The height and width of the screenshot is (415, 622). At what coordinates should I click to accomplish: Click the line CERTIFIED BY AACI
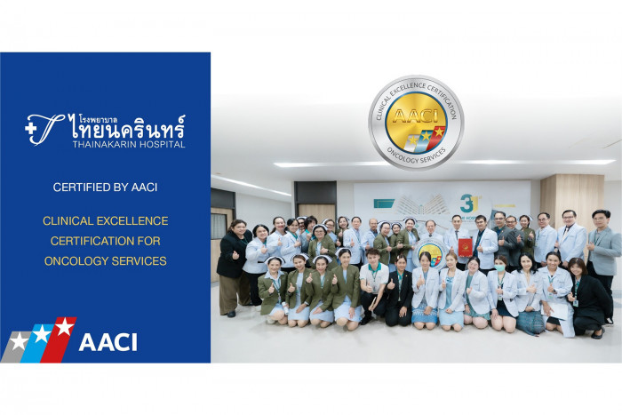tap(105, 188)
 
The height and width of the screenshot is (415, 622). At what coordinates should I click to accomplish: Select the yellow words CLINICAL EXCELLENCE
tap(105, 220)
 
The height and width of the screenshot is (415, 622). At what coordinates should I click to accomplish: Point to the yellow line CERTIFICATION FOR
tap(105, 241)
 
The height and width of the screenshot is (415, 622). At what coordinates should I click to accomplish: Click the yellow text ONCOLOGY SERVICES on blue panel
tap(105, 261)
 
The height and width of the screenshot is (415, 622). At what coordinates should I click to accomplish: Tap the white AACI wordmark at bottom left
tap(108, 342)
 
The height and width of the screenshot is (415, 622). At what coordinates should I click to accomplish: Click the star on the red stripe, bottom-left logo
tap(63, 327)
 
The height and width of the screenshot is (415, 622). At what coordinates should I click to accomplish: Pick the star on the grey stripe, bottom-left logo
tap(19, 341)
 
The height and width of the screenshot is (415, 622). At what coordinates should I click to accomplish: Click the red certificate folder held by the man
tap(464, 245)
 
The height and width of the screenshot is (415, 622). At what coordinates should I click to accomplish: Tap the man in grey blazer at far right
tap(605, 253)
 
